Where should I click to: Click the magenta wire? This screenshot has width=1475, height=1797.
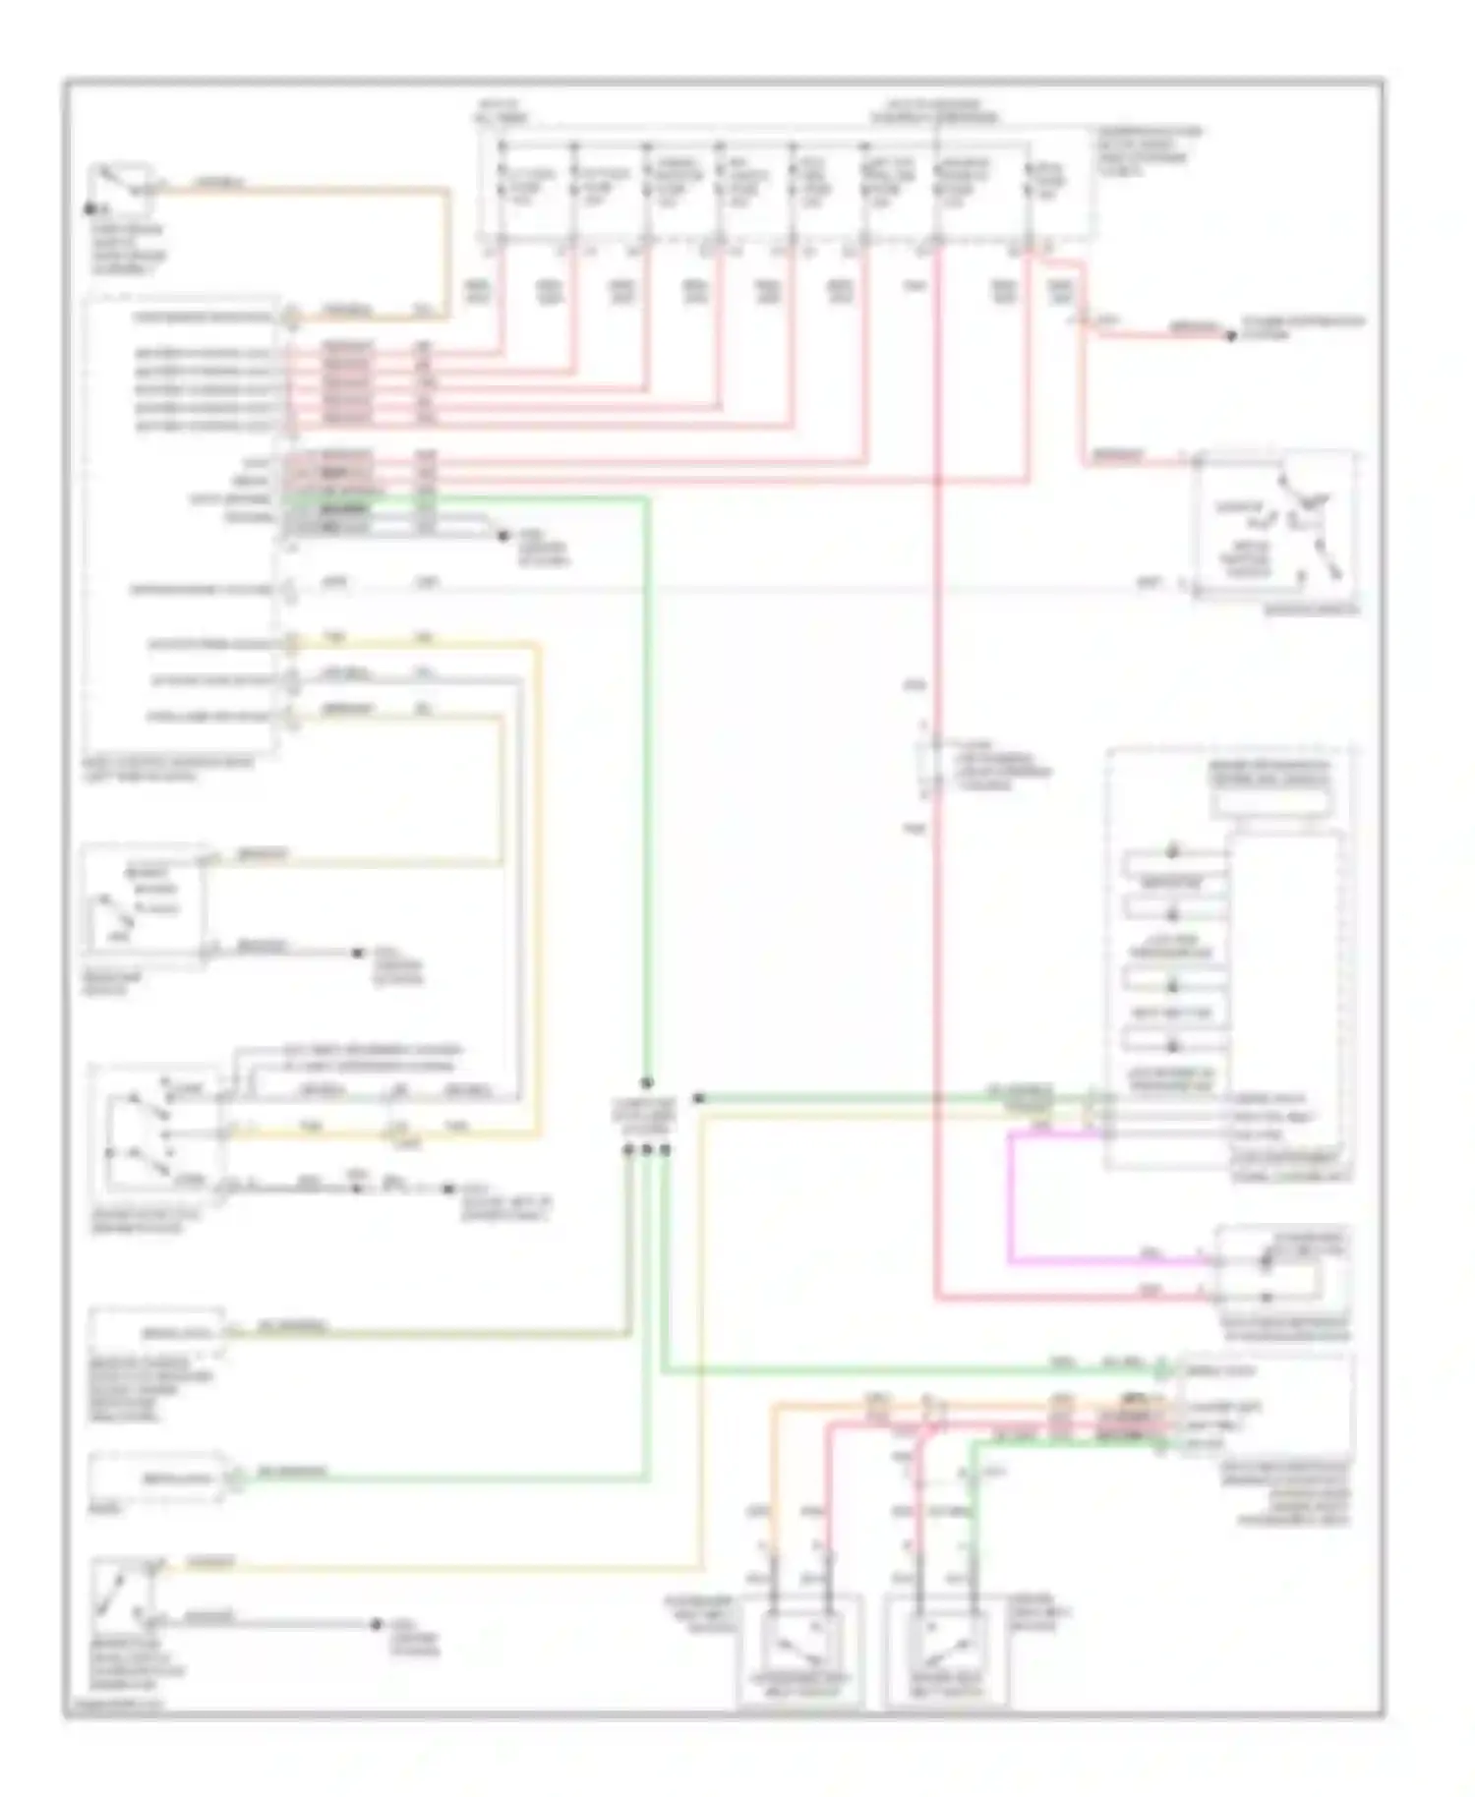tap(1011, 1199)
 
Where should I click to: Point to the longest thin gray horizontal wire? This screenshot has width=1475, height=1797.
tap(728, 590)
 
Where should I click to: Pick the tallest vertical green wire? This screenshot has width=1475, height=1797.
tap(646, 786)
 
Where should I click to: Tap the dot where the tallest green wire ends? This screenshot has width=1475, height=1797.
tap(646, 1082)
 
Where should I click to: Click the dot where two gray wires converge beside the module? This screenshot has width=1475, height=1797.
tap(502, 536)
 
